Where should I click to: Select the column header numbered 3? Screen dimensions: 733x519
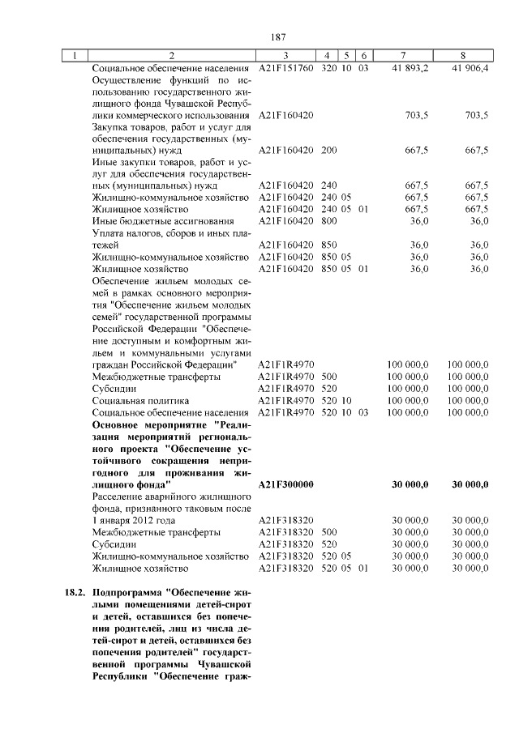point(285,55)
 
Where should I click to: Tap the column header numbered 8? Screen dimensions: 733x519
point(463,55)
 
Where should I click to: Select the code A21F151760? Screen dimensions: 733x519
point(285,67)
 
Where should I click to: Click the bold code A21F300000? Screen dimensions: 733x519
point(286,484)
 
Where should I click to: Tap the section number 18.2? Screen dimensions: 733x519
point(75,593)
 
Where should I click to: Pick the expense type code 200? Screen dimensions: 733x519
point(329,150)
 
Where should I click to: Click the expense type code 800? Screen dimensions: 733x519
point(329,221)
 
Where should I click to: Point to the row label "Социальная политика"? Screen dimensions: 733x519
point(140,400)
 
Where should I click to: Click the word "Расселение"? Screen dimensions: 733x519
point(119,496)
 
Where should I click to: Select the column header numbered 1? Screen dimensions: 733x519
point(75,55)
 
